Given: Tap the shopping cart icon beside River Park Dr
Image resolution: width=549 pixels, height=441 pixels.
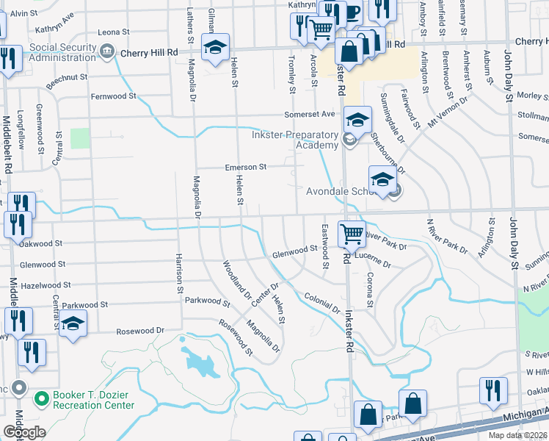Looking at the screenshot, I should click(x=352, y=234).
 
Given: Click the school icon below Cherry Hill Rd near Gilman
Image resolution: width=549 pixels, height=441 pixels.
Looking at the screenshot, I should click(x=215, y=49).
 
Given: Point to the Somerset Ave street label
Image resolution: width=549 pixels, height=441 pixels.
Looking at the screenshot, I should click(x=310, y=114).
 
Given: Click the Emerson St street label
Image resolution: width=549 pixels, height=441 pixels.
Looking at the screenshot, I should click(x=244, y=167).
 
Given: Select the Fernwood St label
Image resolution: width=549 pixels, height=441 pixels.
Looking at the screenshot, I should click(x=114, y=96).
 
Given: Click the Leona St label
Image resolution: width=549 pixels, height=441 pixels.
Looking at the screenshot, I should click(x=113, y=32).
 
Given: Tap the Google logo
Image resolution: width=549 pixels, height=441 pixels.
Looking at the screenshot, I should click(x=24, y=432).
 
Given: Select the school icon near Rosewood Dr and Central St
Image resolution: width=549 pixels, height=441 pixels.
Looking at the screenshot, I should click(x=73, y=326).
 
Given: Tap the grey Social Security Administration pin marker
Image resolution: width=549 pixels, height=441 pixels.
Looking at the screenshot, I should click(x=108, y=51).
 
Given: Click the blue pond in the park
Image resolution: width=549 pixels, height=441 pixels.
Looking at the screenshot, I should click(x=200, y=362).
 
